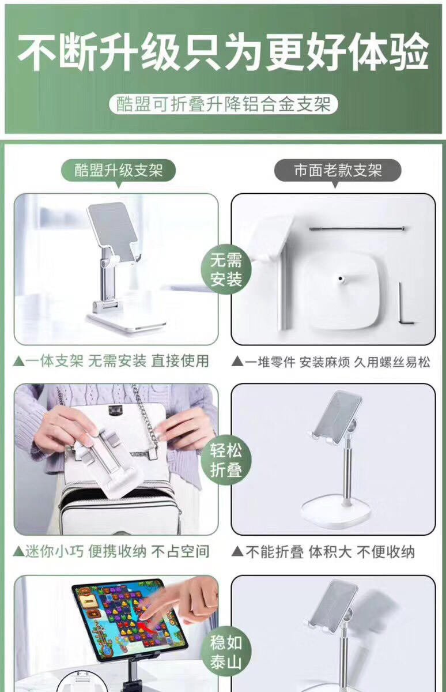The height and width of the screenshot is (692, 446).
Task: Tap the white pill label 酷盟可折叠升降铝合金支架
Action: pos(224,104)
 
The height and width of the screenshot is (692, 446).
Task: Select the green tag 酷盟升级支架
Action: pos(119,171)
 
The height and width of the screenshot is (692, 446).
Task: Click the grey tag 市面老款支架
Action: pos(338,171)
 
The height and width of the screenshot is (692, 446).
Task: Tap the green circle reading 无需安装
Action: pos(226,269)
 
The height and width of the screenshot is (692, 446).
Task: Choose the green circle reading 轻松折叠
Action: pos(226,460)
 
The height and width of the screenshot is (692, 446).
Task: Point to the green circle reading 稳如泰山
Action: pos(226,651)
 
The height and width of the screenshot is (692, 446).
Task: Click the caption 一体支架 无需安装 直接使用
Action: pos(111,361)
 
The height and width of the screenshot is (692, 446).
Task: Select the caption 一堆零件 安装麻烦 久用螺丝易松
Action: pos(331,362)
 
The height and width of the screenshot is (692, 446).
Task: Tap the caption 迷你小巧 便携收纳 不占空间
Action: pos(111,552)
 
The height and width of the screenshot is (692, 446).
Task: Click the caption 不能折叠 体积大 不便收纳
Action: pos(323,552)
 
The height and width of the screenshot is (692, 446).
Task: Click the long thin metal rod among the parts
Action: pos(357,229)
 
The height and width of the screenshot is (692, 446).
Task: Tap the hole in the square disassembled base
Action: pos(341,279)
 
